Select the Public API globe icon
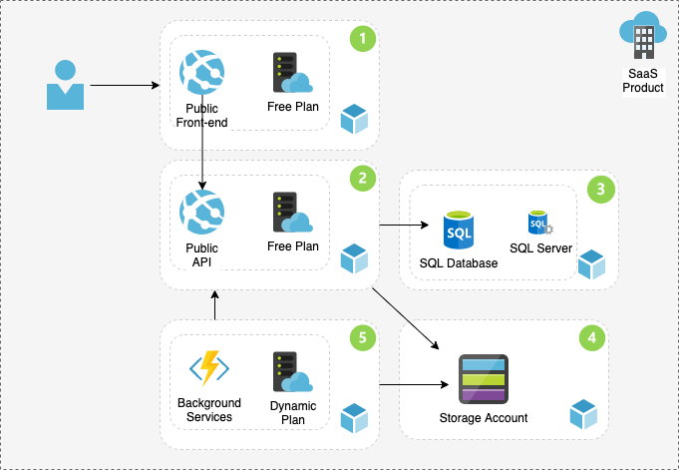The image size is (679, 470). coord(201,214)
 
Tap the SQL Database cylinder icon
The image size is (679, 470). coord(459,232)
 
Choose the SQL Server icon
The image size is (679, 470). coord(540,223)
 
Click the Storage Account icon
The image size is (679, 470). coord(483,380)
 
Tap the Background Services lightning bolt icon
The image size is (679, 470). coord(209,369)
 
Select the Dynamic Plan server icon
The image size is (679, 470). coord(291,373)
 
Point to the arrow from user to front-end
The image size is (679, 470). coord(125,87)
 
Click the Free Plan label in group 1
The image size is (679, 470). coord(293,107)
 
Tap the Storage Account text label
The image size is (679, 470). coord(484,418)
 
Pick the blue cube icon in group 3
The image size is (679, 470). coord(592,264)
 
